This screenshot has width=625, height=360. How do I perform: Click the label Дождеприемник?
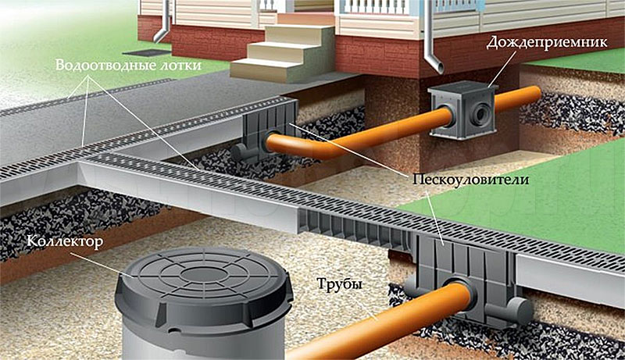click(546, 43)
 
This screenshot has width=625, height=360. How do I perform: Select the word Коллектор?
click(66, 241)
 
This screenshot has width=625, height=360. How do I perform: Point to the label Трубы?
click(339, 285)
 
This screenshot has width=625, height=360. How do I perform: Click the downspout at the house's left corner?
click(163, 21)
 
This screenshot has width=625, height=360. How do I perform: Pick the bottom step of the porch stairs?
click(266, 70)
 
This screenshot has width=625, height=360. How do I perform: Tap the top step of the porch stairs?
click(305, 19)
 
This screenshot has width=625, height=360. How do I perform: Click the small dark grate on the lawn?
click(143, 52)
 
